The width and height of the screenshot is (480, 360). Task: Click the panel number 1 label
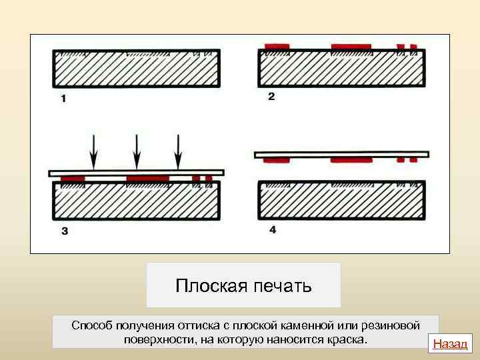[x=63, y=99]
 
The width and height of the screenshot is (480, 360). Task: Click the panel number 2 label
[x=271, y=97]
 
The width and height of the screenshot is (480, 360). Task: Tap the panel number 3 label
[x=64, y=231]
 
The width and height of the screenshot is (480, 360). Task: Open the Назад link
[x=451, y=344]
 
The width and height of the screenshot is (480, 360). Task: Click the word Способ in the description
[x=93, y=325]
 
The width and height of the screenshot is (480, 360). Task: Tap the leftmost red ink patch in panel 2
[x=277, y=47]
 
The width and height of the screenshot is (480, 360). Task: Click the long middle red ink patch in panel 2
[x=351, y=47]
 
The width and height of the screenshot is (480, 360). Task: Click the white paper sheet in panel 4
[x=340, y=154]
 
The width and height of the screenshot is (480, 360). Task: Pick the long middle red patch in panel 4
[x=351, y=160]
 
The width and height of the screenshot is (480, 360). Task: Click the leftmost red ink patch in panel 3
[x=73, y=179]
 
